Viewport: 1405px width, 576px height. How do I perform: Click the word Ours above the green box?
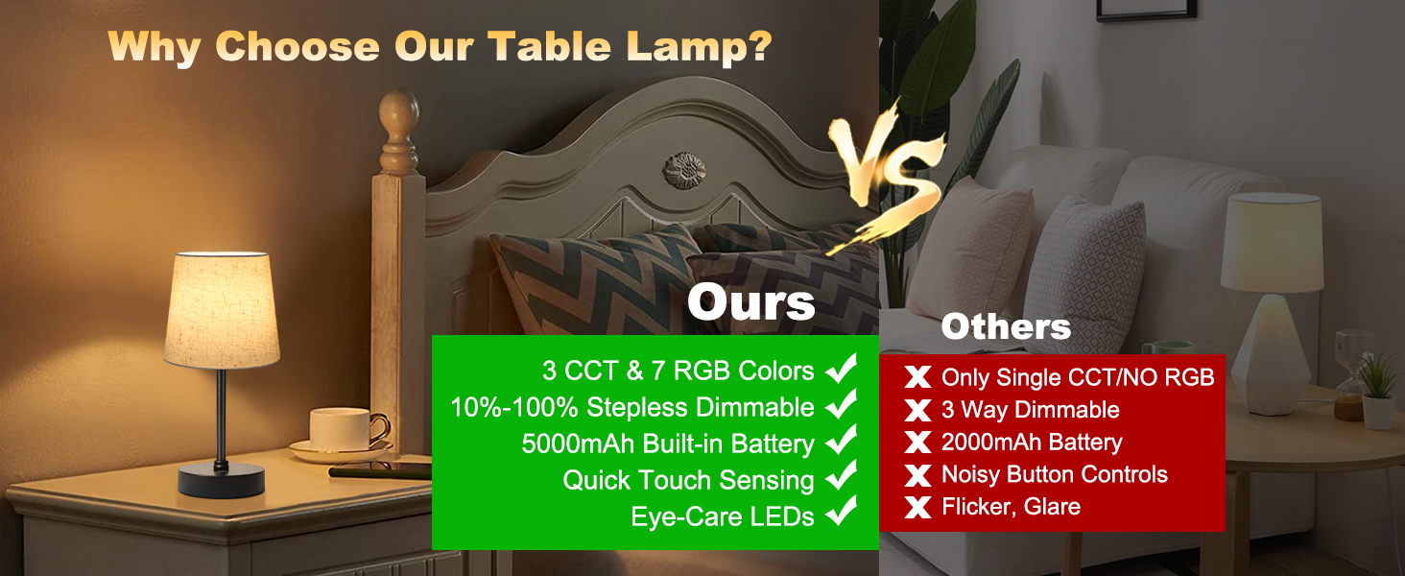[x=750, y=302]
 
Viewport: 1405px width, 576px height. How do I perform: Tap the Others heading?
[x=1006, y=327]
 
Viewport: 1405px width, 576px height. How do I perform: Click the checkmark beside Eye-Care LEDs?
[x=842, y=515]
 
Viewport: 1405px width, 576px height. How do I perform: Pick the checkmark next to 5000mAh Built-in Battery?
[x=842, y=442]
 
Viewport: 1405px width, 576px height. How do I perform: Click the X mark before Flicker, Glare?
[x=918, y=507]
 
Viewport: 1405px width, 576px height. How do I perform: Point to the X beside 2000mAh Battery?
[x=918, y=443]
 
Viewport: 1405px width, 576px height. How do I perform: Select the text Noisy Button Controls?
[x=1055, y=474]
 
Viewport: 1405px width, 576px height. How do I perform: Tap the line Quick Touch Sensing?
[x=688, y=480]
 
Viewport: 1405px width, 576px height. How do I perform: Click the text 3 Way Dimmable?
[x=1031, y=410]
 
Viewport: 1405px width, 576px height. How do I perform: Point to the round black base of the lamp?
[x=222, y=479]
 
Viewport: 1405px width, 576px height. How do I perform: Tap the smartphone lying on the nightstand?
[x=380, y=471]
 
